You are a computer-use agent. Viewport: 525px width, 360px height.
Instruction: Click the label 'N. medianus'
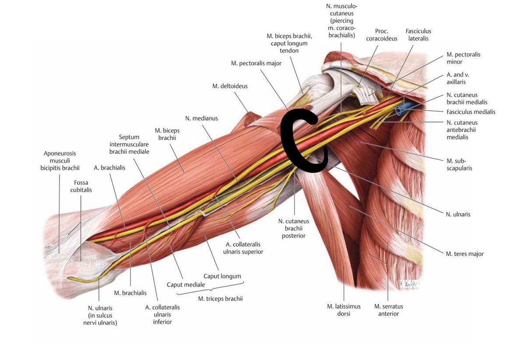pyautogui.click(x=201, y=118)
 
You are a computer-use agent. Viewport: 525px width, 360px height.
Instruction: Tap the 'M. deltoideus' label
pyautogui.click(x=230, y=86)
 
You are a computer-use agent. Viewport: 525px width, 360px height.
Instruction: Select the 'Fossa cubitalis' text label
pyautogui.click(x=83, y=187)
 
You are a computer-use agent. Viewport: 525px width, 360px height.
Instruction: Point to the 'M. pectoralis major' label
pyautogui.click(x=256, y=63)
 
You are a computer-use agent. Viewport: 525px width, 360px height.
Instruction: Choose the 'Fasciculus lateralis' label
pyautogui.click(x=418, y=35)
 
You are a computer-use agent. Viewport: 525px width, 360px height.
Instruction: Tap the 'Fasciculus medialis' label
pyautogui.click(x=471, y=112)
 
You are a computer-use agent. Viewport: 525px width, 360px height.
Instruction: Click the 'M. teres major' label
pyautogui.click(x=465, y=254)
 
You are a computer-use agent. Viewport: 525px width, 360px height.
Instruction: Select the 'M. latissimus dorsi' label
pyautogui.click(x=343, y=310)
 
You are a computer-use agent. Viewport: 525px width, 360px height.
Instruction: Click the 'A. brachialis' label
pyautogui.click(x=109, y=168)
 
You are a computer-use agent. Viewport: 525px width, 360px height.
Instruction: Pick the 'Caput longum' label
pyautogui.click(x=222, y=276)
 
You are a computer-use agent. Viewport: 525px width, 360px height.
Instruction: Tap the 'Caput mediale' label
pyautogui.click(x=185, y=285)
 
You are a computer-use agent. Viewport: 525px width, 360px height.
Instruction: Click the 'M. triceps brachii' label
pyautogui.click(x=220, y=299)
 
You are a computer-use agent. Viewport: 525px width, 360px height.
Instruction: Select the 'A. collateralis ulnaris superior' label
pyautogui.click(x=244, y=248)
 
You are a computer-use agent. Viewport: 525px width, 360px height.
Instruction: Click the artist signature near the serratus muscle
pyautogui.click(x=409, y=283)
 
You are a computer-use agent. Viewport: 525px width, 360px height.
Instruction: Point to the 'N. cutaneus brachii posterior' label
pyautogui.click(x=294, y=228)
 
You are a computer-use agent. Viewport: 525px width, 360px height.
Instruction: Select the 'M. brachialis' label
pyautogui.click(x=130, y=293)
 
